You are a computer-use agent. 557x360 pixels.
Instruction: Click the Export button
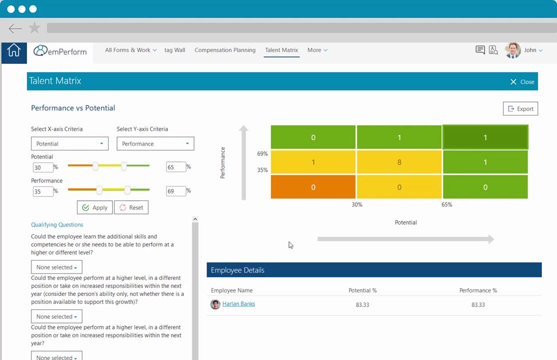[x=520, y=108]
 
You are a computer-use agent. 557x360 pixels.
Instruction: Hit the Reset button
[x=131, y=207]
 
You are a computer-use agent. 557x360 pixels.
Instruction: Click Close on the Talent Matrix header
[x=522, y=81]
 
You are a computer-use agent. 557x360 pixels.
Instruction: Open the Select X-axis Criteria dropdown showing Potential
[x=69, y=143]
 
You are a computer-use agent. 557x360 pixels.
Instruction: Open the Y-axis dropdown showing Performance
[x=155, y=143]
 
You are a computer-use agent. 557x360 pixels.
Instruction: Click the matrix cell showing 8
[x=399, y=162]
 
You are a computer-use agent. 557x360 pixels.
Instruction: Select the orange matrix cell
[x=313, y=187]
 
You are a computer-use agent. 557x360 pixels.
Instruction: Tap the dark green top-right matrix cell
[x=485, y=137]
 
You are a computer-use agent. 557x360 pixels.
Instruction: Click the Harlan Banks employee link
[x=238, y=304]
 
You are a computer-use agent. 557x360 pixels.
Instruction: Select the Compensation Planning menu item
[x=225, y=50]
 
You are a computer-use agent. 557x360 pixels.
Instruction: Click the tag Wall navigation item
[x=175, y=50]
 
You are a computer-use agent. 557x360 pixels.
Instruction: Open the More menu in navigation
[x=317, y=50]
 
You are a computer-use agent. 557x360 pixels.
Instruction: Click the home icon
[x=14, y=50]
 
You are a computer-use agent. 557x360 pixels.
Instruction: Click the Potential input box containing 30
[x=42, y=167]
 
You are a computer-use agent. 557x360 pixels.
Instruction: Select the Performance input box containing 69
[x=176, y=191]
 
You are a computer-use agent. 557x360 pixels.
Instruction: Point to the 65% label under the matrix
[x=447, y=204]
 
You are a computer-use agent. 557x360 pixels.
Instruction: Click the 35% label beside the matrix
[x=262, y=170]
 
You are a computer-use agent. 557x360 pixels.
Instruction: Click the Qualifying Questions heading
[x=57, y=224]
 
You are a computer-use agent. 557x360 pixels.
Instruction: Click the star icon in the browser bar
[x=34, y=27]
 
